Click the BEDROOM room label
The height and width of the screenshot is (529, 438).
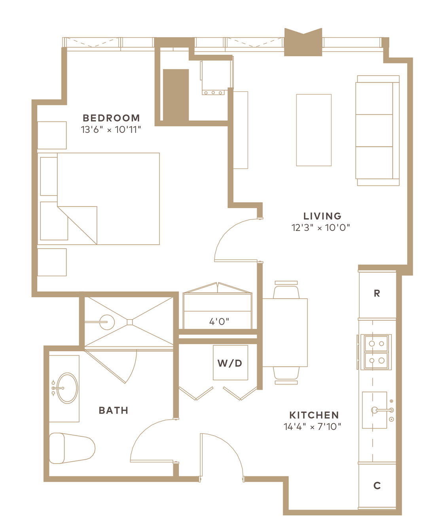[111, 118]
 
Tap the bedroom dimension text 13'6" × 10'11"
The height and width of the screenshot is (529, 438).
[111, 130]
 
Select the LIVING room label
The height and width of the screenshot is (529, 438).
[322, 216]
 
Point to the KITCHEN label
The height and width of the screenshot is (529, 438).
[314, 415]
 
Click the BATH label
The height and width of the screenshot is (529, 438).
[113, 411]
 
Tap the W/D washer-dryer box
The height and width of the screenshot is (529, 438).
[230, 363]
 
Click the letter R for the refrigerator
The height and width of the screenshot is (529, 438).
[377, 293]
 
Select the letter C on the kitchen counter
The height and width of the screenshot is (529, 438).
[377, 486]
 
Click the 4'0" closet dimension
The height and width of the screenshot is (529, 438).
[219, 322]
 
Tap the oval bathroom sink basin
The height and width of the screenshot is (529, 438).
[67, 388]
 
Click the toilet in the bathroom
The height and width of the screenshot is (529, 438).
[72, 448]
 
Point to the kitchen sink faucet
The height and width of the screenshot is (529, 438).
[382, 410]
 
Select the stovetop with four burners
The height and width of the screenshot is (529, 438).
[376, 352]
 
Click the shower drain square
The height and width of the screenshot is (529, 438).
[130, 322]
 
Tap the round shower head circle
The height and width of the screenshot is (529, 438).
[107, 322]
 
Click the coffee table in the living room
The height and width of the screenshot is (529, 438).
[314, 130]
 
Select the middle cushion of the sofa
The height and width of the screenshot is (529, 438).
[374, 131]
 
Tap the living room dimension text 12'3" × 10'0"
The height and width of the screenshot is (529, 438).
[320, 228]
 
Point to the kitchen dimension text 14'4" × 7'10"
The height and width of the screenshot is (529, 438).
[313, 427]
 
